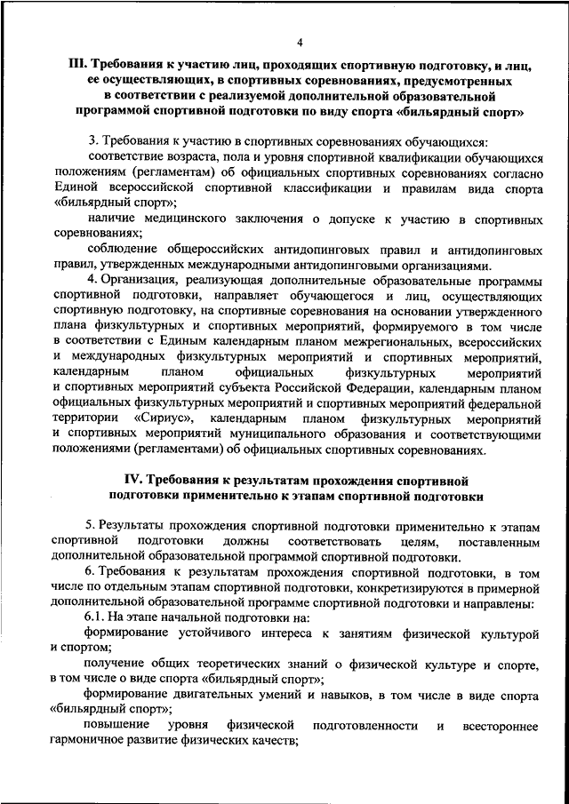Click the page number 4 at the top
click(x=301, y=42)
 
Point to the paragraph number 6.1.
click(x=98, y=617)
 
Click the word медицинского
click(x=188, y=219)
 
